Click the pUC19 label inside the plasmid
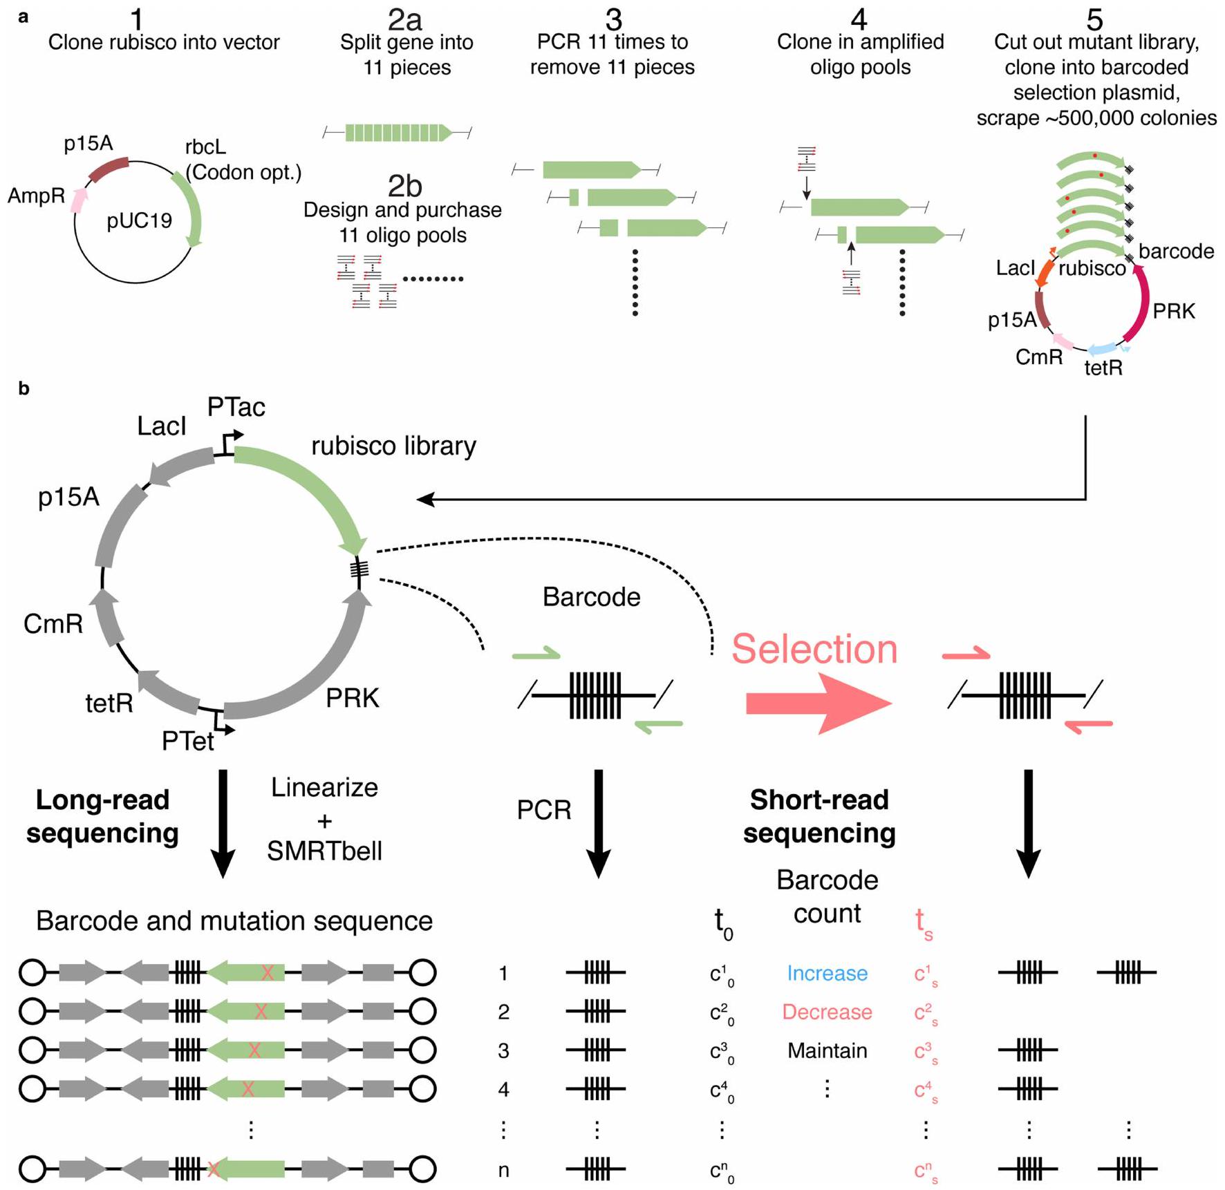(x=139, y=221)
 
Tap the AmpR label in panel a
(x=36, y=196)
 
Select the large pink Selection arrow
(x=819, y=703)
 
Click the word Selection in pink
(x=814, y=650)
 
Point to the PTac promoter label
(x=236, y=408)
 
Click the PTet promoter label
(x=187, y=742)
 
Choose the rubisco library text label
(x=393, y=446)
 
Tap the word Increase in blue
(x=827, y=973)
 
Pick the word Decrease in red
(x=827, y=1012)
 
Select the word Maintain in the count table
(x=827, y=1050)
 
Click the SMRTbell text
(x=324, y=851)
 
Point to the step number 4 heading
(x=859, y=19)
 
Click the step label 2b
(x=404, y=186)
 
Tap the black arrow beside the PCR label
(x=598, y=822)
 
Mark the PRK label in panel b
(x=353, y=699)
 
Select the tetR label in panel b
(x=109, y=703)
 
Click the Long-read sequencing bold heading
(x=102, y=816)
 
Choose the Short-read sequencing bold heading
(x=819, y=816)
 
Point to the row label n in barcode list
(x=503, y=1170)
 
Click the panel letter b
(x=24, y=389)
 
